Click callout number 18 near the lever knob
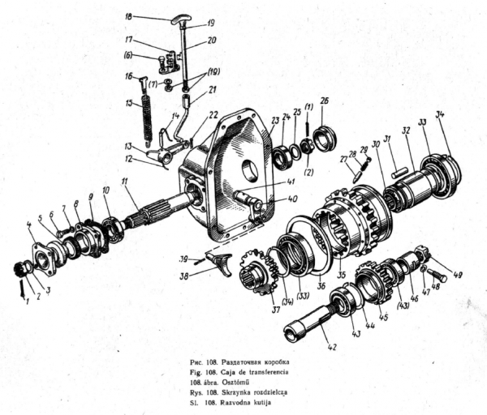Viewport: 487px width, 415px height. click(129, 16)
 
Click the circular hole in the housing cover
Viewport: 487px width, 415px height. click(248, 173)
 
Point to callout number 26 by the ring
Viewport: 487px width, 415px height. click(324, 102)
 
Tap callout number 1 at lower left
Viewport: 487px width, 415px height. click(24, 301)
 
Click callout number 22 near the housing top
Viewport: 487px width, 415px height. click(213, 114)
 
